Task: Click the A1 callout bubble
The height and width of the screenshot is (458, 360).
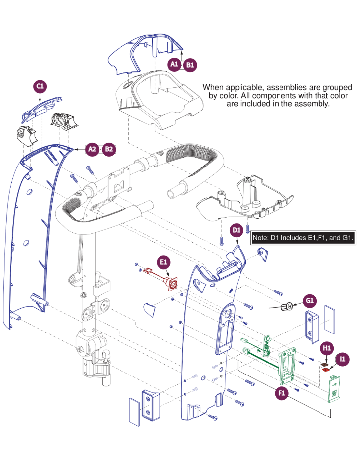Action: pos(174,64)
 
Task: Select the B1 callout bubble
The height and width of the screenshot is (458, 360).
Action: pos(190,64)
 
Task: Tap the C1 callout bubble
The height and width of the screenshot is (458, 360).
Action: pos(40,86)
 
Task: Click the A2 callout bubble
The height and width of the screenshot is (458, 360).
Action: pos(92,149)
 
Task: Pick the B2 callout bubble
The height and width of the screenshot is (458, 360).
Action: pos(109,149)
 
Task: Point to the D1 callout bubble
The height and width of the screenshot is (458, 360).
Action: pos(237,230)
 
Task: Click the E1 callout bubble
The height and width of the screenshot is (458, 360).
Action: pos(163,261)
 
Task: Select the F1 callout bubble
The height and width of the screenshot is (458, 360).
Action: pos(282,393)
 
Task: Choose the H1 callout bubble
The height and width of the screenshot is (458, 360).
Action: pos(327,348)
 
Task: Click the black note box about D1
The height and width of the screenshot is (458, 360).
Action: pos(304,238)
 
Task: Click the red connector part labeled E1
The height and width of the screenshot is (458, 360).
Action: pos(173,285)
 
